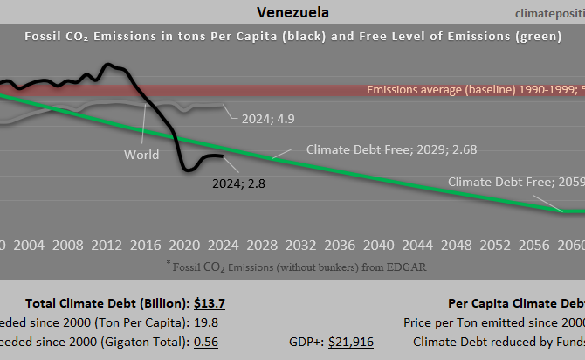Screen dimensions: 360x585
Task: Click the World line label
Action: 141,155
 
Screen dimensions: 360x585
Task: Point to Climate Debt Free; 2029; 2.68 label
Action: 379,149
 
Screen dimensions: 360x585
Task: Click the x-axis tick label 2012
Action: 107,243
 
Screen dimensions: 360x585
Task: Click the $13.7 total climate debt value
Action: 210,303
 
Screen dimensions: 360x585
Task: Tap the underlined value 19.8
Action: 207,322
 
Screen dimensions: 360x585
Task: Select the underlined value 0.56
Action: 208,342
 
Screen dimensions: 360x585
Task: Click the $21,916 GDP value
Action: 350,342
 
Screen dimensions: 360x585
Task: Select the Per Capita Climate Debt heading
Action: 515,303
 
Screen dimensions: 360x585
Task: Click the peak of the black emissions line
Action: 107,65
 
